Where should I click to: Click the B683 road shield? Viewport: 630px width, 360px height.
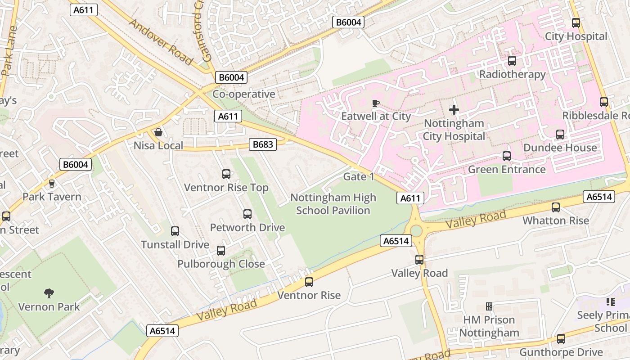(x=263, y=144)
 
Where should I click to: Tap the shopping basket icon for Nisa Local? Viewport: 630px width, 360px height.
(x=158, y=132)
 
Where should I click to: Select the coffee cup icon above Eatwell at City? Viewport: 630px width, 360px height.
(x=376, y=103)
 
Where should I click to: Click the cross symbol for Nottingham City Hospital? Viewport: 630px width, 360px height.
(x=454, y=109)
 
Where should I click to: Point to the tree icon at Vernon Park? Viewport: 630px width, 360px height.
(x=49, y=293)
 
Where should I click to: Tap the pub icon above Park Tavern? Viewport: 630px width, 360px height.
(x=52, y=184)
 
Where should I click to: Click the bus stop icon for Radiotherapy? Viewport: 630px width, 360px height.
(x=512, y=61)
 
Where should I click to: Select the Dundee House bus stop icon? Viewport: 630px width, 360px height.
(x=560, y=134)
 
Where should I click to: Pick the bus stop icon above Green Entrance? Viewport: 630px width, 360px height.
(x=507, y=156)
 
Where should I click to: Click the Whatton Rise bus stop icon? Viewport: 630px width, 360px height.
(x=556, y=207)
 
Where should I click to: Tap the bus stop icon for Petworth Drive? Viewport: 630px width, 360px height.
(x=247, y=214)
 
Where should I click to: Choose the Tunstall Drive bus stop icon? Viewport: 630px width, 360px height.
(x=175, y=231)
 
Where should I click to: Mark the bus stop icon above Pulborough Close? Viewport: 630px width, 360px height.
(x=221, y=251)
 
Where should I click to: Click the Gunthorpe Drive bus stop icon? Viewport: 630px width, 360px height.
(x=561, y=338)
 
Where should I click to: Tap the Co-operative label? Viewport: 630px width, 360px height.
(x=243, y=94)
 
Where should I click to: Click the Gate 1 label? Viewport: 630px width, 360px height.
(x=359, y=176)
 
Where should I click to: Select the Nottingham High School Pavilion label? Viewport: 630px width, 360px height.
(x=333, y=204)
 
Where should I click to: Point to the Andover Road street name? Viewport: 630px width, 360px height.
(x=161, y=41)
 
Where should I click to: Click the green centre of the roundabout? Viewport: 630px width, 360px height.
(x=416, y=231)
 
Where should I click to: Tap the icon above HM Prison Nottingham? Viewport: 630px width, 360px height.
(x=489, y=307)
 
